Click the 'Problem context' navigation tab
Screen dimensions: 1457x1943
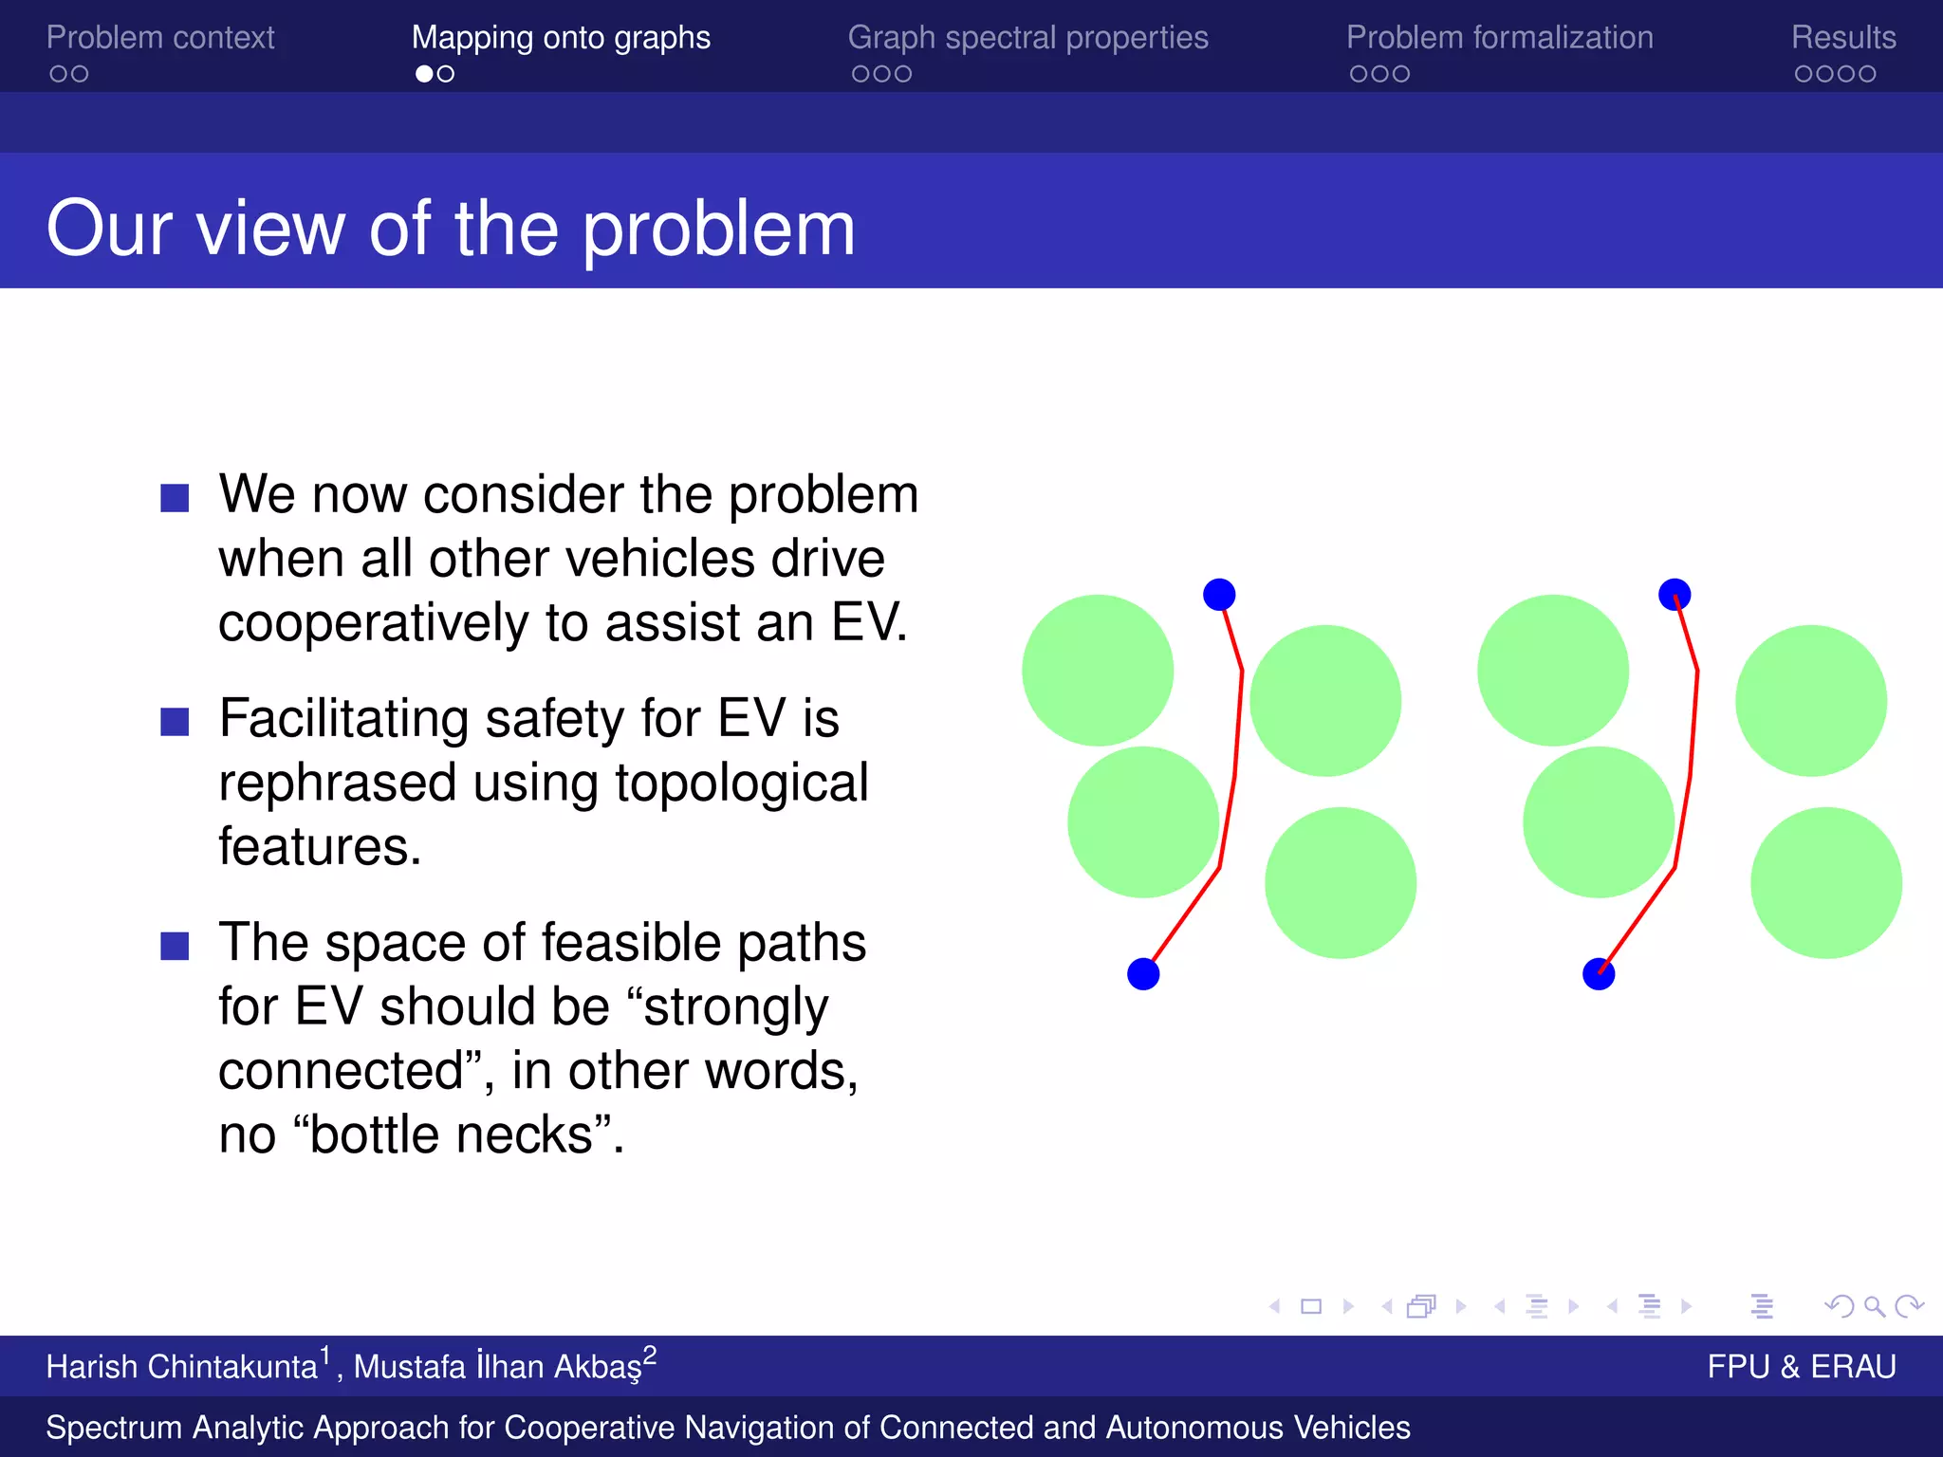pos(160,38)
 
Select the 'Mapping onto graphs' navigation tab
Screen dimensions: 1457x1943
pos(561,38)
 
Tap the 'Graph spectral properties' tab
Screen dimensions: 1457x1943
pos(1027,38)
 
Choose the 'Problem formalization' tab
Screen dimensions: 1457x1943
pos(1499,38)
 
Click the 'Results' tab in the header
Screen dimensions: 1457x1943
pos(1842,38)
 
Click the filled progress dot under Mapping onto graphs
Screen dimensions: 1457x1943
pos(424,74)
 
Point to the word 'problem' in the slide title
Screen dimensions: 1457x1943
pos(718,230)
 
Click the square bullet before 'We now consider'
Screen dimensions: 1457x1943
pos(175,498)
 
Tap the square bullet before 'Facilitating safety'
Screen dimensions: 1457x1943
pos(175,722)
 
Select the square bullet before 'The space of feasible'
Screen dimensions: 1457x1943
pos(175,946)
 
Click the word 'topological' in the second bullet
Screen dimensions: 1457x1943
pos(741,784)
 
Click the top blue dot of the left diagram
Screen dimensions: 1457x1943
pos(1219,595)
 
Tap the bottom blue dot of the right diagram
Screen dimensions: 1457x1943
pos(1599,974)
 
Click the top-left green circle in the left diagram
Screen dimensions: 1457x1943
pos(1098,670)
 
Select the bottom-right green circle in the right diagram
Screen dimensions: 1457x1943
pos(1825,882)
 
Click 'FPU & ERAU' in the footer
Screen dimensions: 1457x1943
pos(1801,1367)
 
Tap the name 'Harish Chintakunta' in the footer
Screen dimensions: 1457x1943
pos(181,1367)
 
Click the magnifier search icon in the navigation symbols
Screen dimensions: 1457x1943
pos(1874,1307)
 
